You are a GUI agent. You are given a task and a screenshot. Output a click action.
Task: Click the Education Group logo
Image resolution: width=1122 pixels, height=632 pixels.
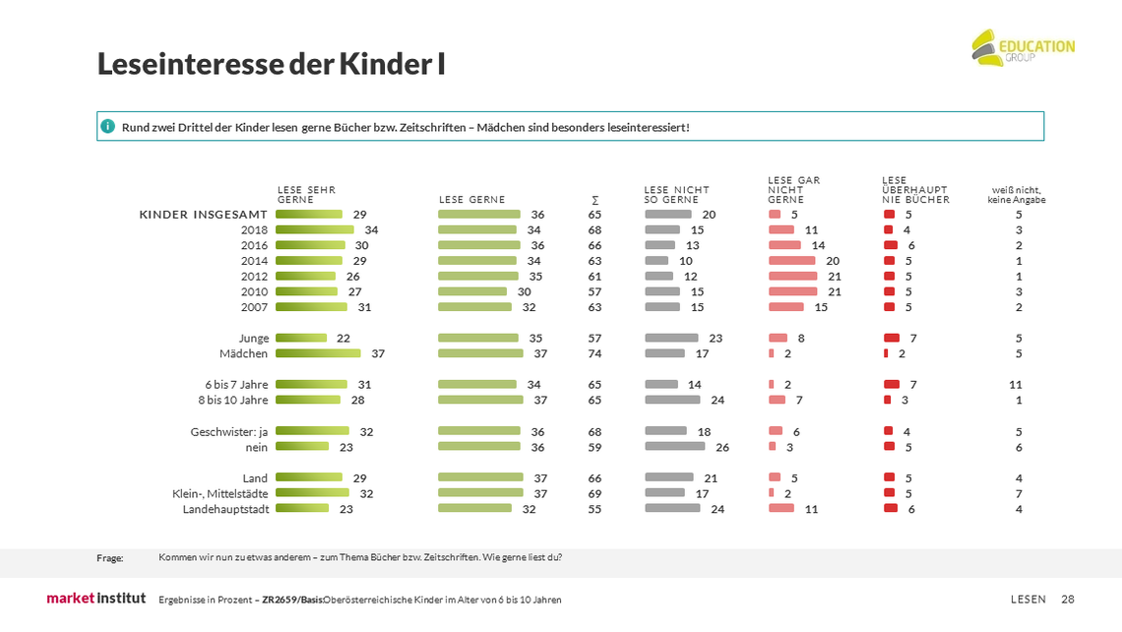(x=1024, y=48)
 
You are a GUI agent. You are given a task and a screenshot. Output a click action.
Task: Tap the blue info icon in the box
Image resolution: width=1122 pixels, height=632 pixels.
(x=107, y=127)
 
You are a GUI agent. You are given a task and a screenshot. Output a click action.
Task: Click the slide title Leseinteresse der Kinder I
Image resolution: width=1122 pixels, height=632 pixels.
(x=272, y=64)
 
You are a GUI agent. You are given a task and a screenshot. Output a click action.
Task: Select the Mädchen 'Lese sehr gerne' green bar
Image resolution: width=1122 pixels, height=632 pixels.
(x=319, y=352)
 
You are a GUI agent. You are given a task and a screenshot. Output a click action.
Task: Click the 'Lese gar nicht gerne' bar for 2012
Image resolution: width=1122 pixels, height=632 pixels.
(x=793, y=276)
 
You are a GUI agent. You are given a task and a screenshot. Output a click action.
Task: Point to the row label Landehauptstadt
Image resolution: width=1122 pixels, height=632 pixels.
(x=225, y=509)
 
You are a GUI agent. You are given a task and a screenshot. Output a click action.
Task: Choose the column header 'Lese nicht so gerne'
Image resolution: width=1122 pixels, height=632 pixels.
(x=676, y=195)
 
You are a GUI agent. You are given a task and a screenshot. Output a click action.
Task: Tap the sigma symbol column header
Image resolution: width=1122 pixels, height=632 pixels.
(x=594, y=201)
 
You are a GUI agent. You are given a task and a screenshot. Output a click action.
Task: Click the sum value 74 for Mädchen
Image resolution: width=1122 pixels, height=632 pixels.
(x=594, y=353)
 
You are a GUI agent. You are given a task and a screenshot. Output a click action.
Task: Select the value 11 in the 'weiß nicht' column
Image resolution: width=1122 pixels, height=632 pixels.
(x=1016, y=384)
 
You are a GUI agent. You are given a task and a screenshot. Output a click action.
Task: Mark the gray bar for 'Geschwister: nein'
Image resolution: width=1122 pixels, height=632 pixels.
(x=675, y=447)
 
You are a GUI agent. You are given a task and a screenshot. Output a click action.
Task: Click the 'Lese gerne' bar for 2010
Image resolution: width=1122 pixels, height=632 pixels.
(x=472, y=291)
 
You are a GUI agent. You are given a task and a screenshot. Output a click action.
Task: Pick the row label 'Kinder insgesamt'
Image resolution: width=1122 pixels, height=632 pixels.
(x=203, y=215)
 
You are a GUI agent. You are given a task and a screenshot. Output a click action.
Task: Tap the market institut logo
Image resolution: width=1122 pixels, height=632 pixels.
(x=95, y=598)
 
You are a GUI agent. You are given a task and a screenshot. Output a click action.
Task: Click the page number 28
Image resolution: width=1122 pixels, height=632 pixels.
(x=1068, y=600)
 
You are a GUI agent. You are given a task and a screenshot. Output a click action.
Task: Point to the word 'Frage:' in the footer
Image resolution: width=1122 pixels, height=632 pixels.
(x=109, y=558)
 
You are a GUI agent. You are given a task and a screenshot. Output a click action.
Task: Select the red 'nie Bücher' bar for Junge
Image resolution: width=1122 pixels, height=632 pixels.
(x=892, y=338)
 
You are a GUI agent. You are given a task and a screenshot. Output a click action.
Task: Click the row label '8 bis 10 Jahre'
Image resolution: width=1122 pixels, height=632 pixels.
(x=232, y=400)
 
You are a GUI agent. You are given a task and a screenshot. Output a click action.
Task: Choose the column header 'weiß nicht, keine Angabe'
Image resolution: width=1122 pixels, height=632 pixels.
(x=1016, y=195)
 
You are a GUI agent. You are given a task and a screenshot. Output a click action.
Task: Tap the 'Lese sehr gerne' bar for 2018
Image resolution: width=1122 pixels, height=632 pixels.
(x=315, y=229)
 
